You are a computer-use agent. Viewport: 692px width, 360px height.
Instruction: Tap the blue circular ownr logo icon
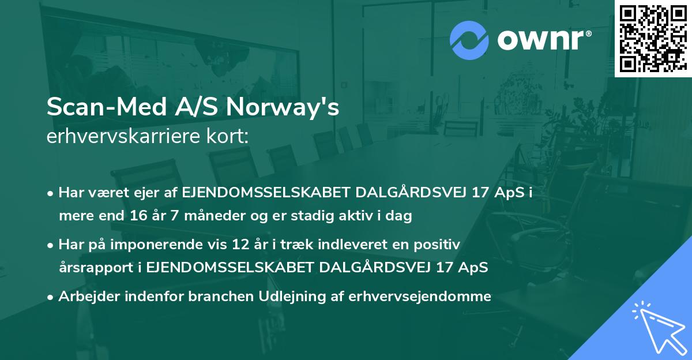click(470, 40)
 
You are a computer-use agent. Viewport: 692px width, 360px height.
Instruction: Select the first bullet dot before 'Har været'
click(51, 193)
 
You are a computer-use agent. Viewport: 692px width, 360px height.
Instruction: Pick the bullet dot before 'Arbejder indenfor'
click(51, 297)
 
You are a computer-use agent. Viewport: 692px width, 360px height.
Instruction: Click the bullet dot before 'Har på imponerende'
click(51, 245)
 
